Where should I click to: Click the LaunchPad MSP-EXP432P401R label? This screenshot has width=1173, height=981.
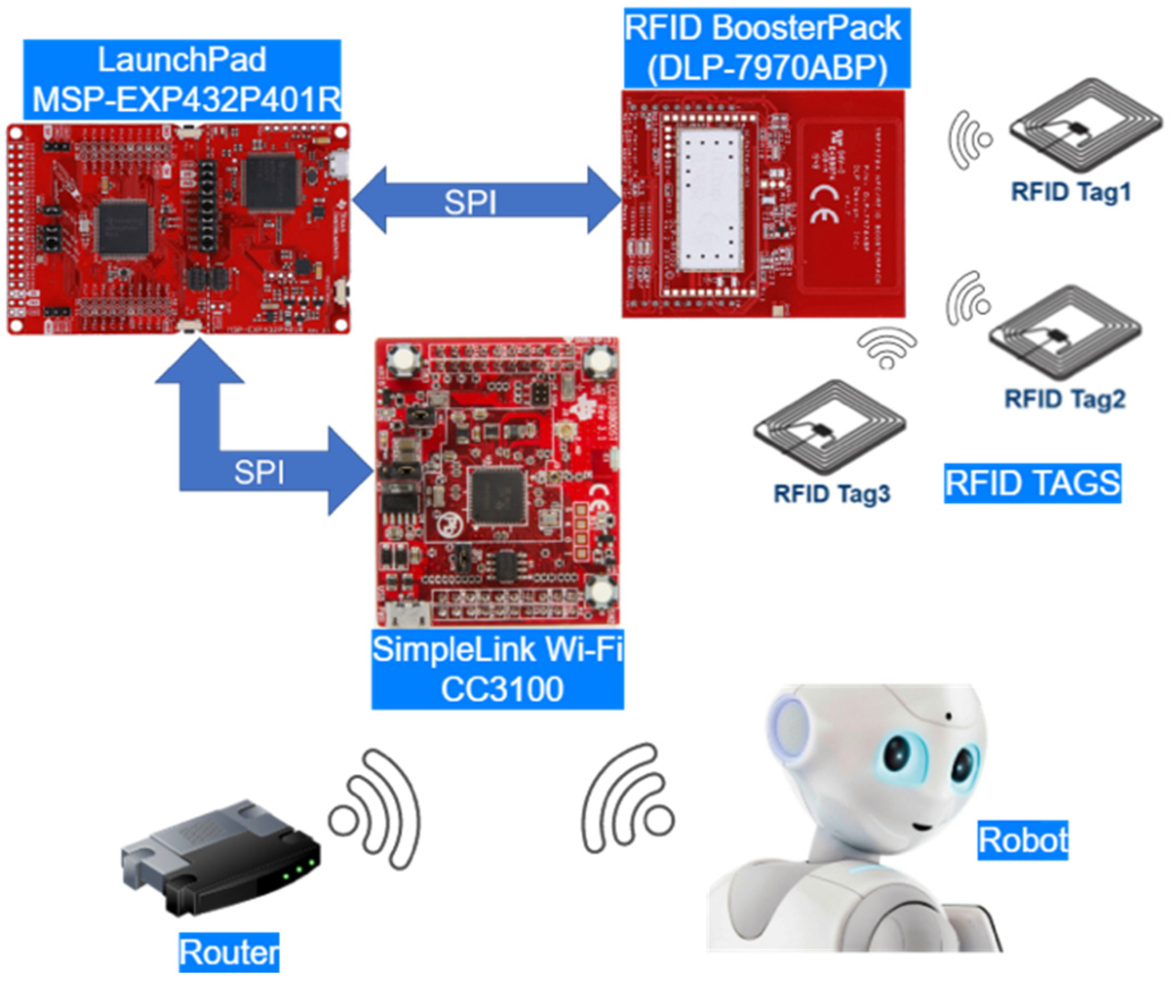pyautogui.click(x=182, y=79)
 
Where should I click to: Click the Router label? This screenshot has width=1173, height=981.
pyautogui.click(x=229, y=952)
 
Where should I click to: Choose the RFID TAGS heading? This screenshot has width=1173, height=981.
pyautogui.click(x=1032, y=483)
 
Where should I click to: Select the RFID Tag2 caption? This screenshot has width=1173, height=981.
pyautogui.click(x=1065, y=398)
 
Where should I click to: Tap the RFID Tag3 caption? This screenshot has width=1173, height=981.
pyautogui.click(x=831, y=494)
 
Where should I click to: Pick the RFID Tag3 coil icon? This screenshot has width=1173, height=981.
pyautogui.click(x=830, y=434)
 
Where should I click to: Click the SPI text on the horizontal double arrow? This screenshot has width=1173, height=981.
pyautogui.click(x=470, y=202)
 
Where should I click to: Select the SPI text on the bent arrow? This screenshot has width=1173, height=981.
pyautogui.click(x=259, y=472)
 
